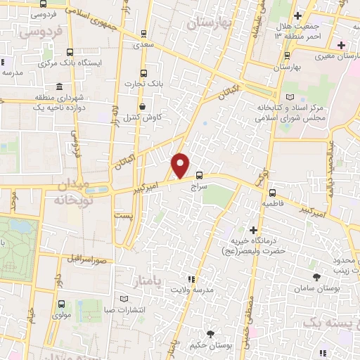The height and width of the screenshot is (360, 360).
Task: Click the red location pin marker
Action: tap(181, 165)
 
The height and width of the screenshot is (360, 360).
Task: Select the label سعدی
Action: tap(143, 44)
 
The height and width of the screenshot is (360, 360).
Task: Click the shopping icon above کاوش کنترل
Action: tap(143, 107)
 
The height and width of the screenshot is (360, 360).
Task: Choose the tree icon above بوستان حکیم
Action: tap(210, 333)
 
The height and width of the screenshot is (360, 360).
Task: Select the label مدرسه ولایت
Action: tap(191, 290)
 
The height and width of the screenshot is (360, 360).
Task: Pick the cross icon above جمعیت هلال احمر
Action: tap(298, 15)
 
